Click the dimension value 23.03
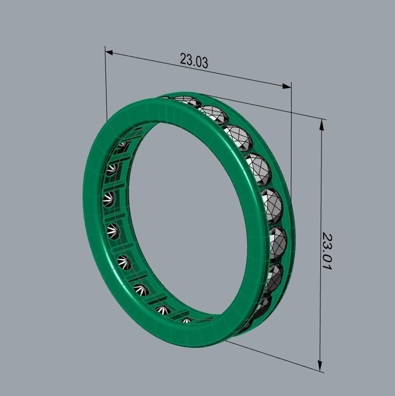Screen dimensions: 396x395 [194, 60]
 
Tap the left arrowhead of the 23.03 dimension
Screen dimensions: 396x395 [109, 52]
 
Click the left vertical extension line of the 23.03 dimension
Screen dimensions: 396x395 [106, 85]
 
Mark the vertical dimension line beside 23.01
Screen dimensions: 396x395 [321, 201]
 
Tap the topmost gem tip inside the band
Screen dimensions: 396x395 [122, 144]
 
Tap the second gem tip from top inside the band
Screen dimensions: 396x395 [111, 170]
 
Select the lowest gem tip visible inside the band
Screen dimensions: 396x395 [186, 320]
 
